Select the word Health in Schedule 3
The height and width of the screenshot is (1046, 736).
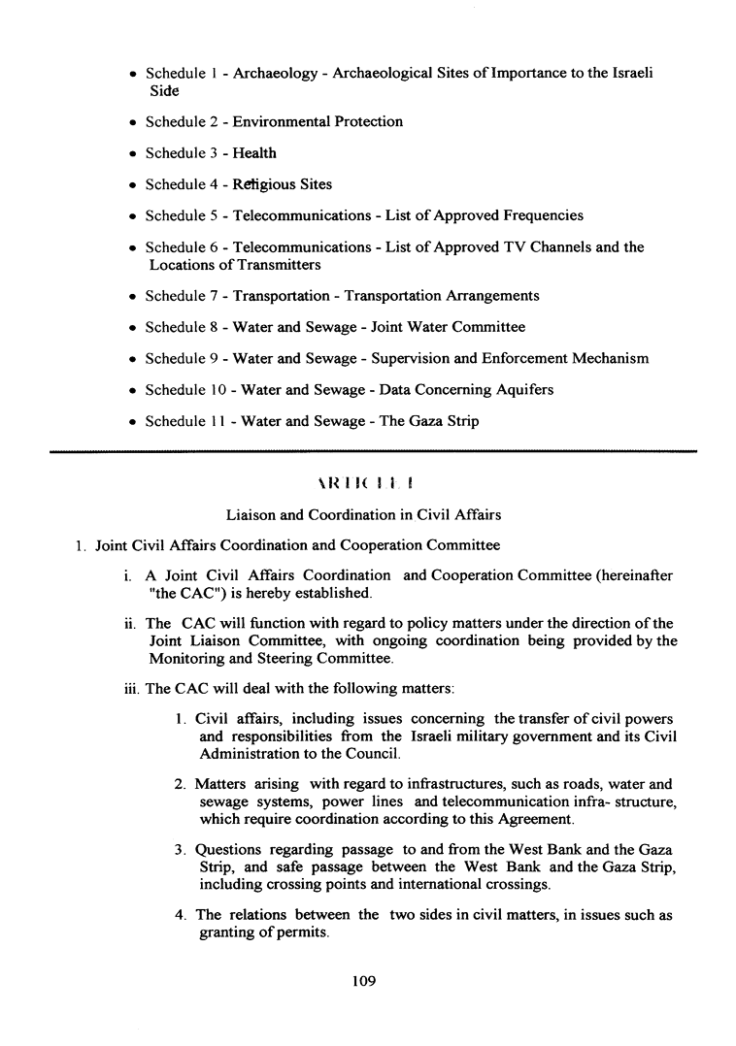tap(254, 153)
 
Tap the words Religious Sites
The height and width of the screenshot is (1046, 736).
tap(282, 184)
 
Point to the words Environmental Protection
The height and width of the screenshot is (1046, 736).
tap(318, 122)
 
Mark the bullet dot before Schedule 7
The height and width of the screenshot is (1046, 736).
tap(132, 297)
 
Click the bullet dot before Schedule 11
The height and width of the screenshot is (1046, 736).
tap(132, 422)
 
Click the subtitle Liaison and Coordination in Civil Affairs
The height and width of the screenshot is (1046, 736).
tap(363, 514)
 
